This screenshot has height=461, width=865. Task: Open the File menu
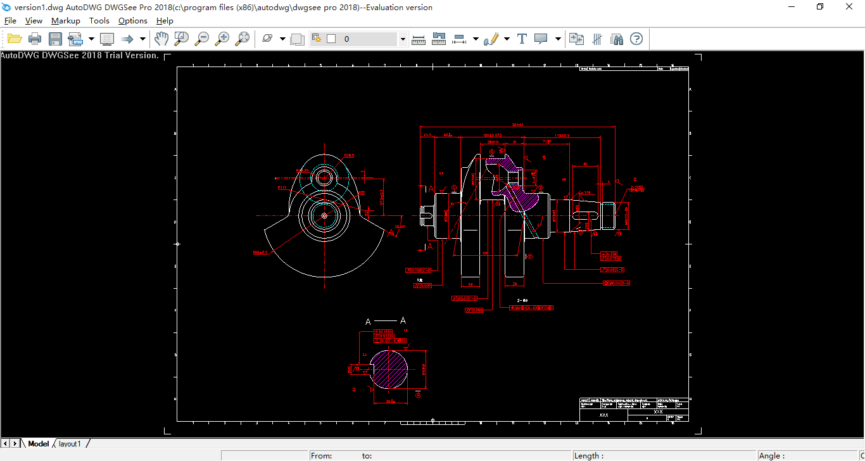click(x=10, y=21)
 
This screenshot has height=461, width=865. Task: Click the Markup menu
click(x=66, y=21)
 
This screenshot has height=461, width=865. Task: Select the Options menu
click(x=133, y=21)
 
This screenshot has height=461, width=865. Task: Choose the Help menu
click(x=165, y=21)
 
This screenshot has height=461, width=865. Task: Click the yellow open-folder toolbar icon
click(x=15, y=39)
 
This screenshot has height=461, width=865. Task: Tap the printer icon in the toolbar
click(x=35, y=39)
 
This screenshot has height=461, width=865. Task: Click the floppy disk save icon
click(x=56, y=39)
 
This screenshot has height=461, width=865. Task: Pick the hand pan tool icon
click(x=161, y=39)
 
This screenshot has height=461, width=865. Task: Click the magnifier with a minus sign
click(x=202, y=39)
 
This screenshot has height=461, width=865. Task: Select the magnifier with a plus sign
click(x=222, y=39)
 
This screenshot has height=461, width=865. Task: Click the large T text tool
click(x=522, y=39)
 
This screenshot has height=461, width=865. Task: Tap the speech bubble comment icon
click(x=541, y=39)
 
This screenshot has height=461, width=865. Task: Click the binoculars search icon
click(x=617, y=39)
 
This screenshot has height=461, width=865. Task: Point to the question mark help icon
click(x=636, y=39)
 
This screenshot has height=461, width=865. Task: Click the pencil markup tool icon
click(x=491, y=39)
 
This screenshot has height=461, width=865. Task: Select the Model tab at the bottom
click(x=39, y=444)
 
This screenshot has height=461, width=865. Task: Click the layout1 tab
click(x=70, y=444)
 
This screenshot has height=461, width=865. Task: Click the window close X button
click(x=850, y=7)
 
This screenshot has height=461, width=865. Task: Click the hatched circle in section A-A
click(x=388, y=369)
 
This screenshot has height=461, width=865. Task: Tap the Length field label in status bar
click(x=589, y=456)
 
